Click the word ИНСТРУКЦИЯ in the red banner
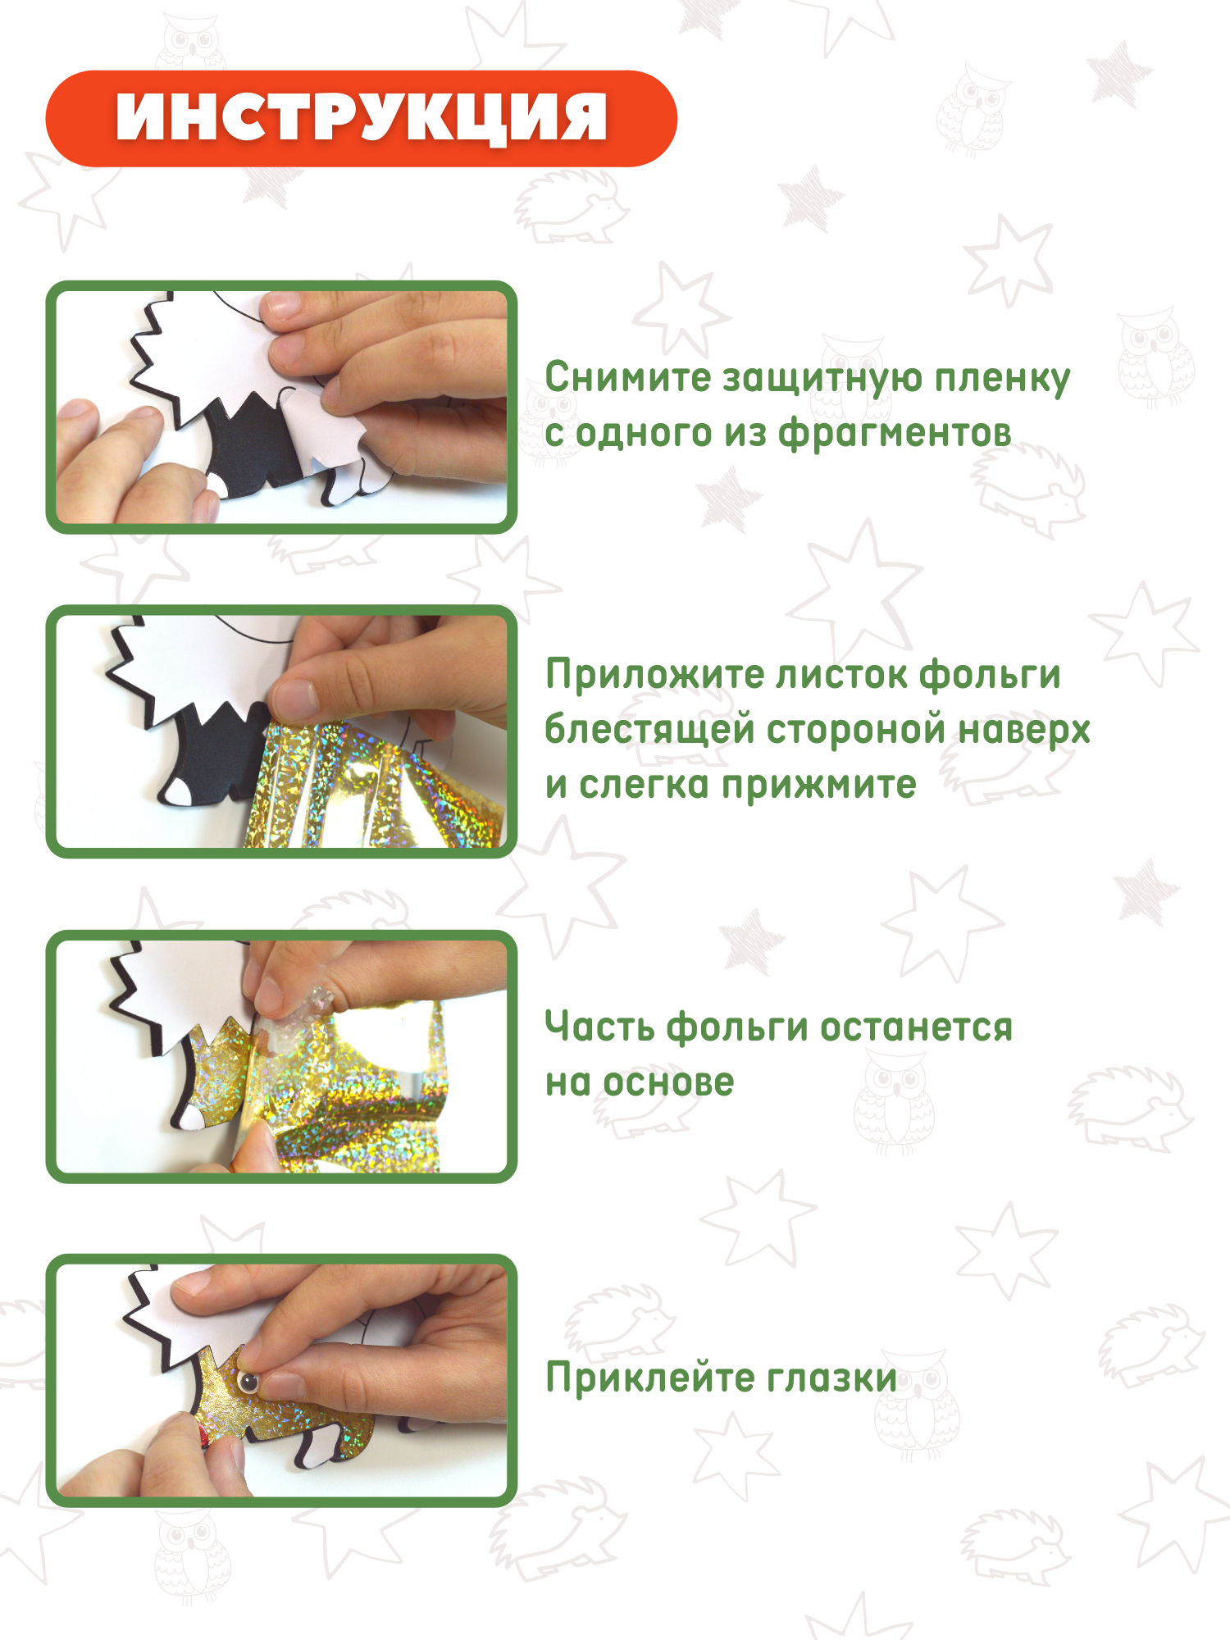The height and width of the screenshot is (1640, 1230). click(362, 118)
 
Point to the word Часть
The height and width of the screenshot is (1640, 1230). click(600, 1027)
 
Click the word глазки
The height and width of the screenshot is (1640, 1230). click(832, 1378)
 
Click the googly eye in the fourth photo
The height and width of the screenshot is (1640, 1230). click(248, 1383)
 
